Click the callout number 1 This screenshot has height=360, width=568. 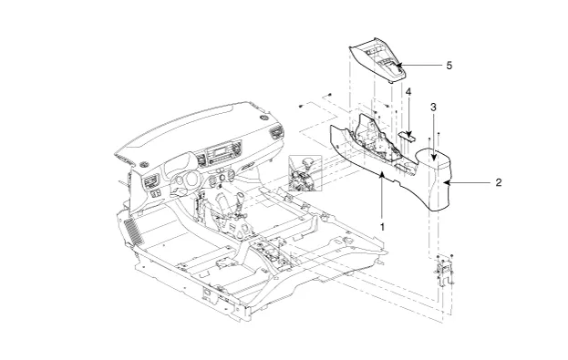(382, 227)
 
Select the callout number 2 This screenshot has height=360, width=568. (499, 182)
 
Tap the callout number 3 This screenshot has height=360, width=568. (433, 108)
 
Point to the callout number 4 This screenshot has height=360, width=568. (408, 92)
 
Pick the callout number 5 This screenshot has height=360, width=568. (449, 66)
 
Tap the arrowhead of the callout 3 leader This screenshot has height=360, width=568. (434, 157)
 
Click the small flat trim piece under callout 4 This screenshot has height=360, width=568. (408, 136)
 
